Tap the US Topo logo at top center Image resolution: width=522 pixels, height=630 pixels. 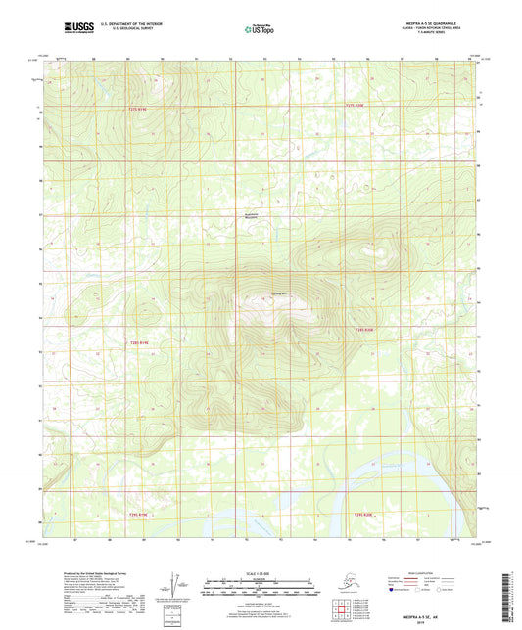pos(258,30)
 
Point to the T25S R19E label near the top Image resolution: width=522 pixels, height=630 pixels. pos(138,110)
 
